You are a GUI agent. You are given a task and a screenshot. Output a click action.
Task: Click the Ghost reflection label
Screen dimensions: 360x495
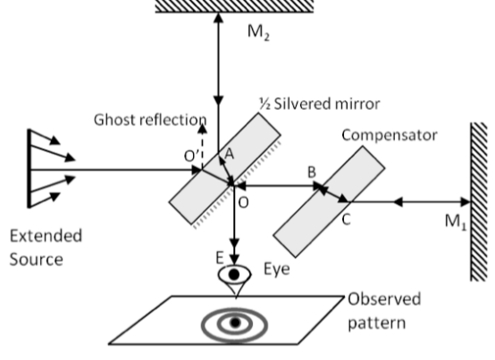[x=149, y=120]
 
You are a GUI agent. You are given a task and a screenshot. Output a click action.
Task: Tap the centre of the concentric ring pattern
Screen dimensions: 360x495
[x=235, y=322]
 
